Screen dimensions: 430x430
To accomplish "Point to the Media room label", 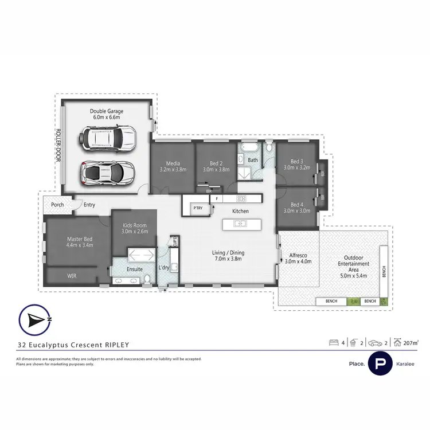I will (x=173, y=166).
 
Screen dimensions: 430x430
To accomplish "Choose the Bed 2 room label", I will (x=217, y=166).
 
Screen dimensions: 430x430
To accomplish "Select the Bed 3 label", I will (x=296, y=165).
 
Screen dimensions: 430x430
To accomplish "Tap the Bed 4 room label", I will (x=296, y=208).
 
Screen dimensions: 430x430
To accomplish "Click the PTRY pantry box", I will (x=198, y=208).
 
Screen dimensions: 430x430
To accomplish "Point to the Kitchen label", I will (x=240, y=212).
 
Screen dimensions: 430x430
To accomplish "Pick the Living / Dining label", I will (x=228, y=255).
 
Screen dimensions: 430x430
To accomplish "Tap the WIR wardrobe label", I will (x=72, y=276).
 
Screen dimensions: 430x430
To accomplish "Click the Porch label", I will (x=57, y=205).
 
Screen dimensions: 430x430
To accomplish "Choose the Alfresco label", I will (x=298, y=258).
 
